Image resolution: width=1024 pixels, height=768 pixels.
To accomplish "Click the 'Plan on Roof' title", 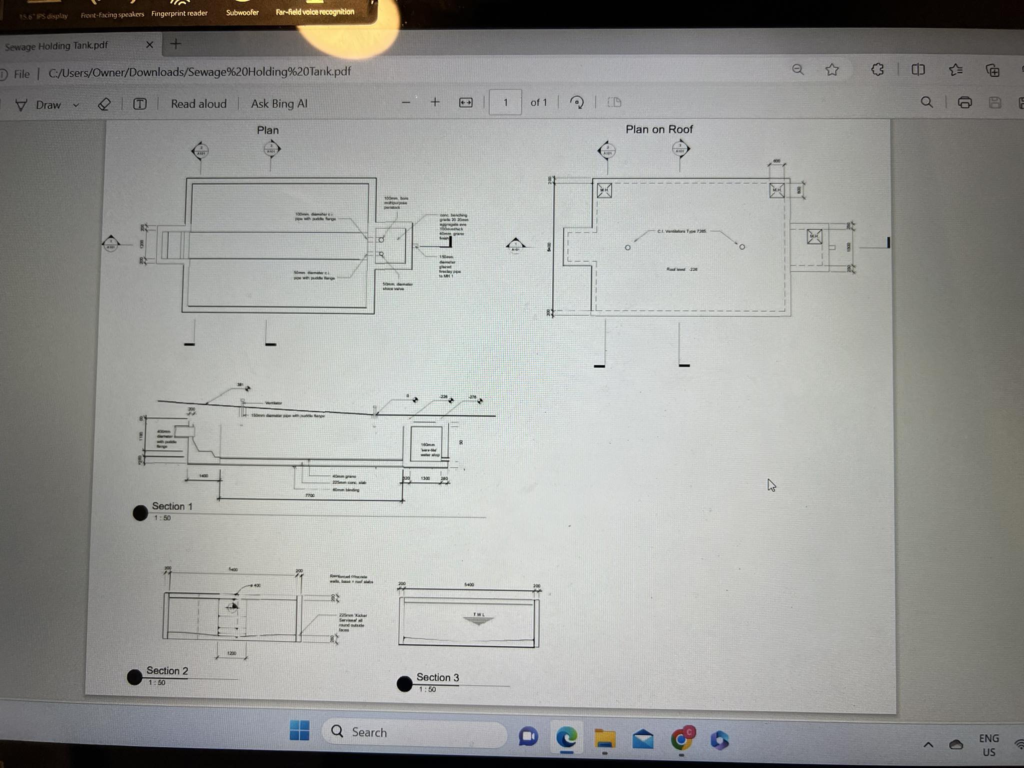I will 659,129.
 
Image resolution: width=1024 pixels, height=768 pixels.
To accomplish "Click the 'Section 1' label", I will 172,506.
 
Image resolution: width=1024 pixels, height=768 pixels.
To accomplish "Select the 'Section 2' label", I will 167,671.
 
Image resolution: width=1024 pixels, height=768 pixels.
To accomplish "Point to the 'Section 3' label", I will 437,677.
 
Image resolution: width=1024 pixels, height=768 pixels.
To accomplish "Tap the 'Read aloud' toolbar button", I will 198,104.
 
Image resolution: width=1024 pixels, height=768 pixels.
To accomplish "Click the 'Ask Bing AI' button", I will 279,104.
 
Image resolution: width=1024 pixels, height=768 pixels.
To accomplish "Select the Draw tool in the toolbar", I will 40,105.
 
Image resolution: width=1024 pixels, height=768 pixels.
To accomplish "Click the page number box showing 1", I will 505,102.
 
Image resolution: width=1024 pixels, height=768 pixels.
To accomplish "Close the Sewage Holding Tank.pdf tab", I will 149,45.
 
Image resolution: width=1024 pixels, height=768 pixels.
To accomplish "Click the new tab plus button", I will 175,44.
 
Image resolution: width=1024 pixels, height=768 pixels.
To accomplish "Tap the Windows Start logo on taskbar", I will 299,731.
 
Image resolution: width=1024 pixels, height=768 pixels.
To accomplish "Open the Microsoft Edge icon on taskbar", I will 566,737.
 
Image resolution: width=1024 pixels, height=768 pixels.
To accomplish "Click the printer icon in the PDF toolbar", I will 964,102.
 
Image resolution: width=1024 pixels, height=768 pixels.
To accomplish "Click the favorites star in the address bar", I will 832,70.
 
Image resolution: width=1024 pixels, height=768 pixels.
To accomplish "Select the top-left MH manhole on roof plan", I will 604,190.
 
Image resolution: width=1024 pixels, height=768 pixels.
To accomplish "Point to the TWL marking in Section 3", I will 478,614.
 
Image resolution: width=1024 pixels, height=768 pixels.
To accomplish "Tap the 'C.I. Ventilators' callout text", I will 681,231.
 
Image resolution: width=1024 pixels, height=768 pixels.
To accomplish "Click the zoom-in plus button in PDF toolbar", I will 435,102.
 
